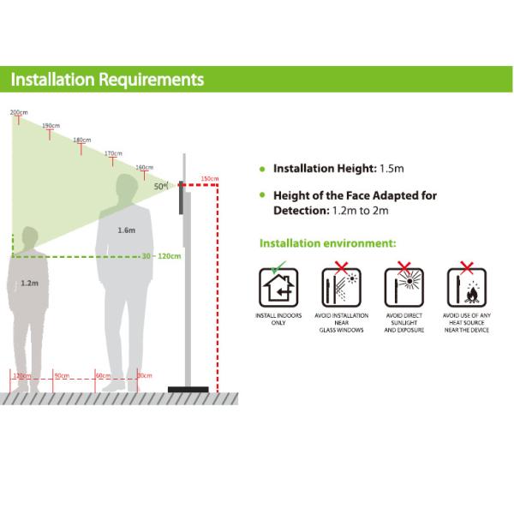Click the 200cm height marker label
[x=18, y=112]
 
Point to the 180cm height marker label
[x=81, y=140]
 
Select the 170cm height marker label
[x=113, y=153]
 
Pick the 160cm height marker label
[x=145, y=167]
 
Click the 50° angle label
[x=160, y=184]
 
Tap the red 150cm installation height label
[x=209, y=179]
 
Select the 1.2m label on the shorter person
[x=29, y=281]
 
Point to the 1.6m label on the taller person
[x=126, y=230]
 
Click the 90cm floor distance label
[x=61, y=375]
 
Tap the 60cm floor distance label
[x=103, y=375]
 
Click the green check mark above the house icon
[x=276, y=267]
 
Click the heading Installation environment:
[x=327, y=243]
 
